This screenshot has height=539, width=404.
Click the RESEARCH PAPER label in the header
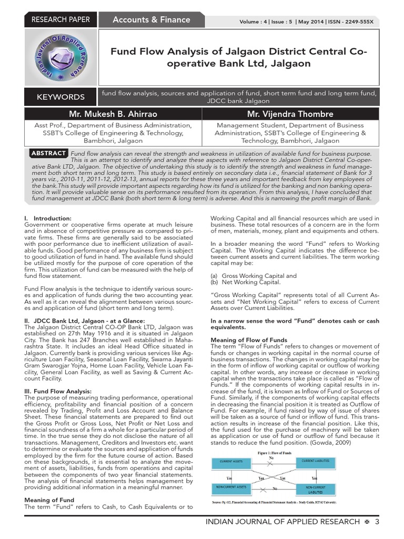point(61,20)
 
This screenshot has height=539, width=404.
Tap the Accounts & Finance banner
point(151,20)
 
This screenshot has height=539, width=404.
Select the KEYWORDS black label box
point(60,97)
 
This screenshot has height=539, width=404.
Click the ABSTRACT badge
point(48,153)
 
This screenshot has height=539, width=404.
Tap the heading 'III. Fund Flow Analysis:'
point(58,391)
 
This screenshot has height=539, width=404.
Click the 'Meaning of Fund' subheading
point(49,500)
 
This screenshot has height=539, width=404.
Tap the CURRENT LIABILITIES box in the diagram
point(316,461)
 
